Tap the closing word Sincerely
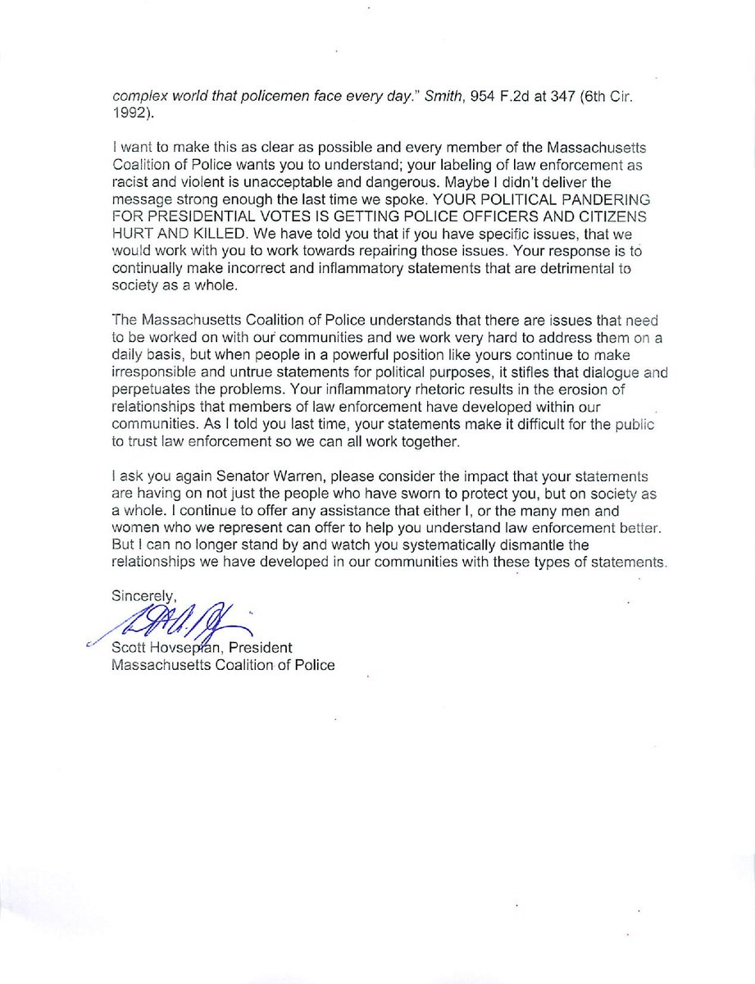143,596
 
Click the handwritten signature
180,625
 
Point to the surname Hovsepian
186,649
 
